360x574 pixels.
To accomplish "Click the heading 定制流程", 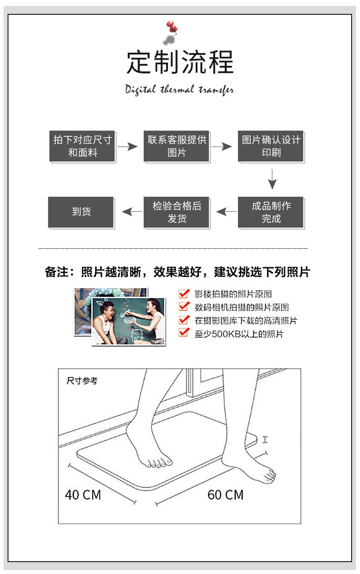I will [180, 62].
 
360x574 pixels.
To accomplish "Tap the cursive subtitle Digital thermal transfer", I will [179, 90].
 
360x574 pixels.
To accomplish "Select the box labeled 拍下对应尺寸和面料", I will [82, 146].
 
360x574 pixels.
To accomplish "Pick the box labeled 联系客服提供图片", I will [176, 146].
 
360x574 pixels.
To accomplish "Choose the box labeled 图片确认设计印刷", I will [271, 146].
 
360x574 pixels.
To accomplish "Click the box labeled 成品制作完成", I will [271, 212].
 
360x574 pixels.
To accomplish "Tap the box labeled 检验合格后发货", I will [176, 212].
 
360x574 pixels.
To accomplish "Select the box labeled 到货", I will [81, 212].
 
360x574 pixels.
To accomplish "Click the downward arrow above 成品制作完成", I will [272, 179].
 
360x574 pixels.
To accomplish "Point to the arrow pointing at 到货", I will [132, 212].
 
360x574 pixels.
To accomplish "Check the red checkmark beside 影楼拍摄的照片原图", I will [184, 293].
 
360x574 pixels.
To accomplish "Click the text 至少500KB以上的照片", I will [239, 334].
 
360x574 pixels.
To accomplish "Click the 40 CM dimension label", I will [83, 495].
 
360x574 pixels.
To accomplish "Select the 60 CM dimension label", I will [225, 495].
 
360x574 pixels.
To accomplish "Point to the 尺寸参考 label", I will [82, 381].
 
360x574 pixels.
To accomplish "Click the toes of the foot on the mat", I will [158, 463].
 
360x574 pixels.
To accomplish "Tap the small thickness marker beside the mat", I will [265, 439].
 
